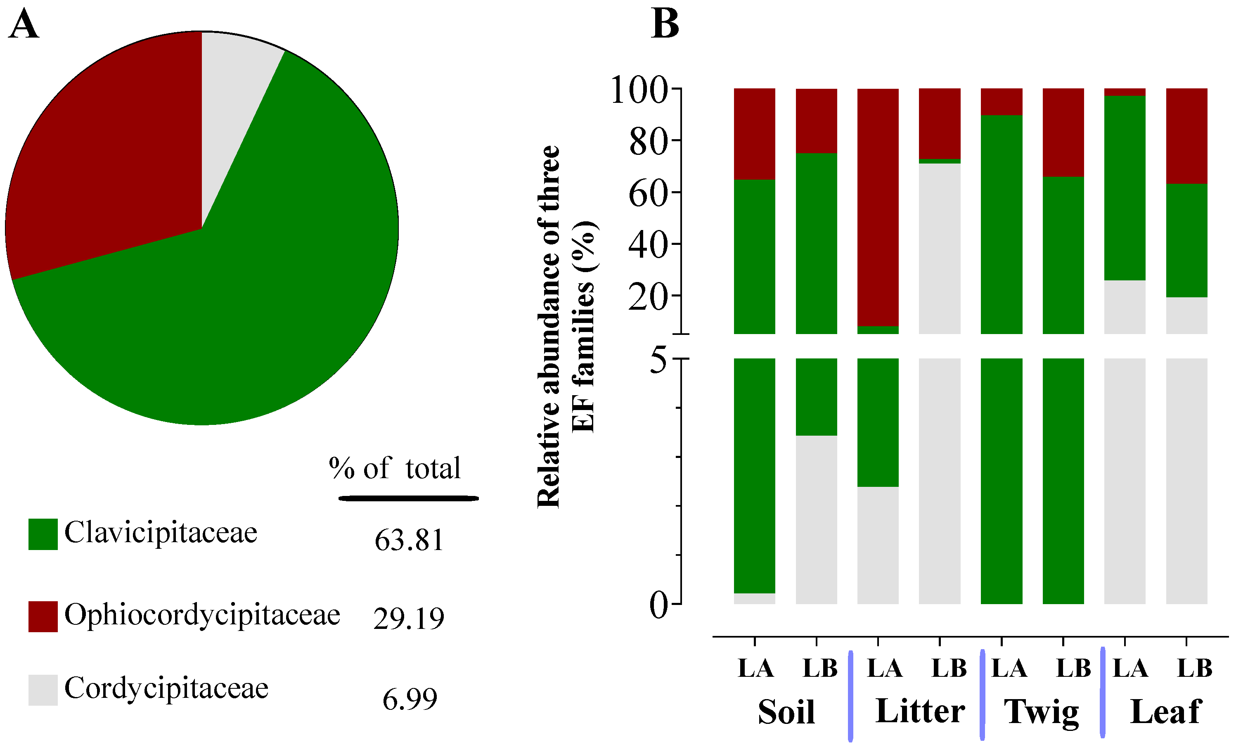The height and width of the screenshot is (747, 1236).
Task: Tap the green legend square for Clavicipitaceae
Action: point(43,534)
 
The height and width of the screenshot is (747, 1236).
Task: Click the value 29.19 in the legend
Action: point(408,618)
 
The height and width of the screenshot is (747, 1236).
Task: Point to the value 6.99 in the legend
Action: point(410,699)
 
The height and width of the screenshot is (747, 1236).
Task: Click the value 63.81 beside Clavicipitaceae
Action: point(409,540)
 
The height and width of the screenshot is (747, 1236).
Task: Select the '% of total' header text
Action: point(394,469)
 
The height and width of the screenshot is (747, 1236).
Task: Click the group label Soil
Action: point(786,711)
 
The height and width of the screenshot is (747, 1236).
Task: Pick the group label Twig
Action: point(1041,711)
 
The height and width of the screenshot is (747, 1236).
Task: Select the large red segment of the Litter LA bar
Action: point(878,206)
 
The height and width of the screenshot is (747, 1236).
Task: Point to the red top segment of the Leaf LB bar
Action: point(1186,135)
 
